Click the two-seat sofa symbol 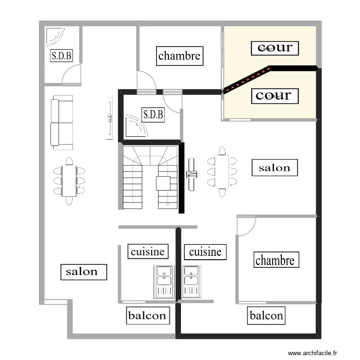pyautogui.click(x=62, y=122)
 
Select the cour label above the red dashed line pyautogui.click(x=275, y=48)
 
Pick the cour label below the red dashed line pyautogui.click(x=275, y=96)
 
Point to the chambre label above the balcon pyautogui.click(x=275, y=260)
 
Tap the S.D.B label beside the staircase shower pyautogui.click(x=153, y=115)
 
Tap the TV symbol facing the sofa pyautogui.click(x=110, y=119)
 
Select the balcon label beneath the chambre pyautogui.click(x=266, y=316)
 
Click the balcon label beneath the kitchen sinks pyautogui.click(x=147, y=316)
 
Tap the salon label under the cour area pyautogui.click(x=275, y=168)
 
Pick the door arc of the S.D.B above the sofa pyautogui.click(x=71, y=75)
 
